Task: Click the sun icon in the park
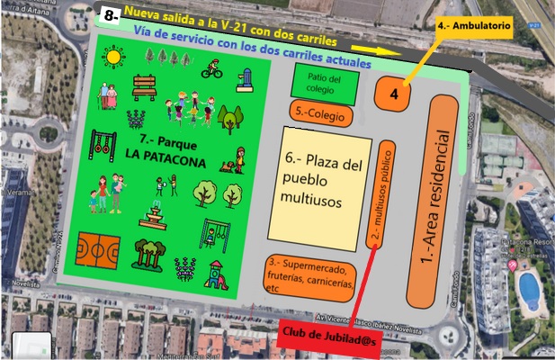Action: [113, 58]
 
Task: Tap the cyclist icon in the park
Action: [212, 67]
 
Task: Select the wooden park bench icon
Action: [145, 86]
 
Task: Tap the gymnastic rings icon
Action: [105, 142]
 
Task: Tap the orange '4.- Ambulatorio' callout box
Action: [474, 27]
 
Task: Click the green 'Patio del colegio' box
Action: [324, 83]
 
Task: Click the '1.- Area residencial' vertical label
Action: [441, 200]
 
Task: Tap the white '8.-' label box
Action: [111, 15]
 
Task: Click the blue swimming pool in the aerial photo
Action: [531, 290]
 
